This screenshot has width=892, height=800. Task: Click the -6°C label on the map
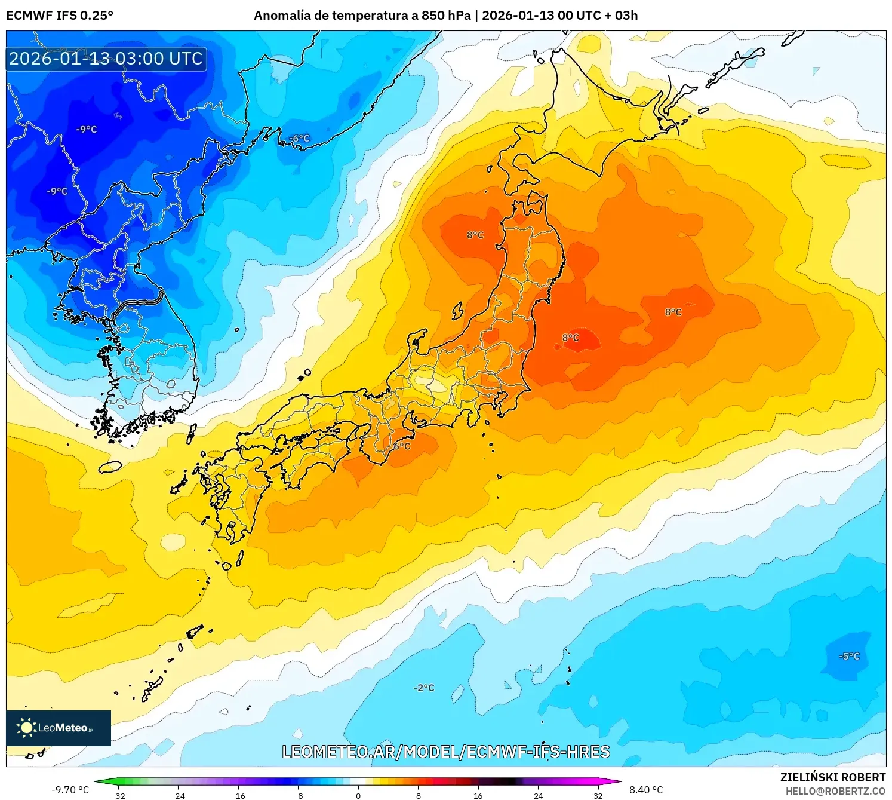tap(300, 139)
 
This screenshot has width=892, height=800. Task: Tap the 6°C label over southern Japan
tap(402, 446)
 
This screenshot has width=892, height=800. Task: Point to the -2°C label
tap(424, 688)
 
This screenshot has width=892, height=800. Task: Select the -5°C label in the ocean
tap(849, 656)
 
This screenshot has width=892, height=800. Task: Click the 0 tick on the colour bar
tap(358, 795)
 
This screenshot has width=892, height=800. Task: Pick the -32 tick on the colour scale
tap(118, 795)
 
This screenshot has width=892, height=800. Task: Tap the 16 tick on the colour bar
tap(478, 795)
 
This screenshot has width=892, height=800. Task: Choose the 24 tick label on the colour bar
tap(538, 795)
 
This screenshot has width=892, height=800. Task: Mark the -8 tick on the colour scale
tap(299, 795)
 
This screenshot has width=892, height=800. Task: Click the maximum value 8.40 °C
tap(646, 790)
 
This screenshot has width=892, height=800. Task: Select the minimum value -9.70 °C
tap(70, 790)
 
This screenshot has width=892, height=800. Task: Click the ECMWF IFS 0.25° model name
tap(60, 16)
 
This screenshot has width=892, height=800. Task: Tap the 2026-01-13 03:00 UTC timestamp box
tap(106, 59)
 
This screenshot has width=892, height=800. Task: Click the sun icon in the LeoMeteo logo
tap(26, 727)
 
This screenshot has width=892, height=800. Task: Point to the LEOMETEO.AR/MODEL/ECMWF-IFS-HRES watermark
tap(446, 752)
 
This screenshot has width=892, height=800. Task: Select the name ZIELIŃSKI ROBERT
tap(833, 777)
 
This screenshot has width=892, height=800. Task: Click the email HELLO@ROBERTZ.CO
tap(835, 791)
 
